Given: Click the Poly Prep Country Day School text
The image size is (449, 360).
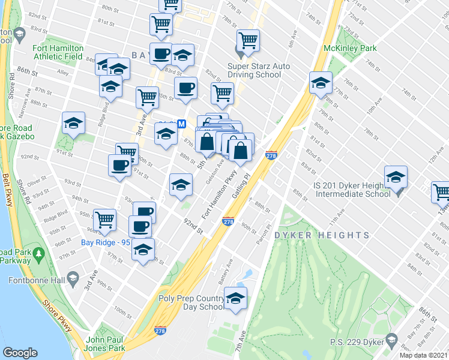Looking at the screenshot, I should click(191, 302).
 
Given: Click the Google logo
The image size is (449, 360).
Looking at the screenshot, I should click(20, 353).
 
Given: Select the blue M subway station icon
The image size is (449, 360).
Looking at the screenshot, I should click(182, 124).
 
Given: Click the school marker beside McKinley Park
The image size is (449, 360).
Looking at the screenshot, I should click(321, 82).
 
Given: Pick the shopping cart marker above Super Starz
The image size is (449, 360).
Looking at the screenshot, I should click(248, 40).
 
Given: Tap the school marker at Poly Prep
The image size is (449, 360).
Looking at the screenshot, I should click(235, 298).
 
